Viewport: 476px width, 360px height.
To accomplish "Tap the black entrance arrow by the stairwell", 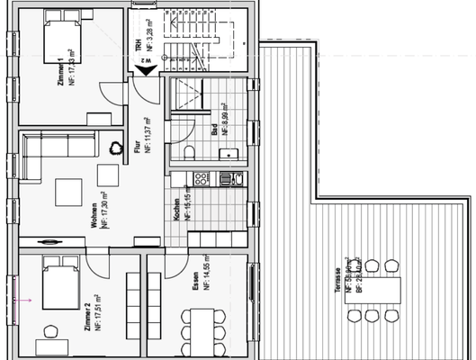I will (144, 76).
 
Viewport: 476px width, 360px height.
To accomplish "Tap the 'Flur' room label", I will (138, 148).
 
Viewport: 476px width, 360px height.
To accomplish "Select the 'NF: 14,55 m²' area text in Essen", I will (206, 278).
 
